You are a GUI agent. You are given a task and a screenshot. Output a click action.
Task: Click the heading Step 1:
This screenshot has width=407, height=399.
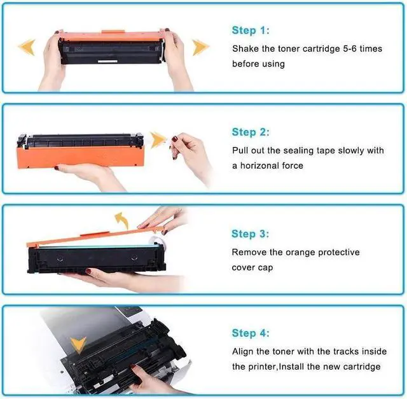pos(251,31)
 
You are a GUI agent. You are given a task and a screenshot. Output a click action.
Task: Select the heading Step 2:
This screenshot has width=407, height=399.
pos(251,132)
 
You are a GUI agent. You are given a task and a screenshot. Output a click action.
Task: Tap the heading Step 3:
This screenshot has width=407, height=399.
pos(251,234)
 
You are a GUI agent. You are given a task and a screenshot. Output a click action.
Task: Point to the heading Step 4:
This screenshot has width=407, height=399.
pos(251,333)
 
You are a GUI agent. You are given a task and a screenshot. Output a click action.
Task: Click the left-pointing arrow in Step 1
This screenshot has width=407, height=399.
pos(26,46)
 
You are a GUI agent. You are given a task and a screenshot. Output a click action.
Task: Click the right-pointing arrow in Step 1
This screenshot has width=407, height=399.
pos(201,46)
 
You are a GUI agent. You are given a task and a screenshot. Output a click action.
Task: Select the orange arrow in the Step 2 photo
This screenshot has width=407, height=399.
pos(157,139)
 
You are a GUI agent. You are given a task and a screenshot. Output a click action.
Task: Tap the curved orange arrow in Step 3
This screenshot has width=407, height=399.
pos(121,221)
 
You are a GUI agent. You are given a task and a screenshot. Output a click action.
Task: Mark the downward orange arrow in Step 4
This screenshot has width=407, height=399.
pos(79,345)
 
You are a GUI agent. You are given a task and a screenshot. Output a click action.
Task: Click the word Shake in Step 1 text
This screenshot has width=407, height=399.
pos(245,48)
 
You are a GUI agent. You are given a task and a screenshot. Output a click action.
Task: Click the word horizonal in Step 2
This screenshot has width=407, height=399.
pos(263,165)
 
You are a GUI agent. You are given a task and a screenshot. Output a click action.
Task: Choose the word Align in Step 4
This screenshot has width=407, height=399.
pos(244,351)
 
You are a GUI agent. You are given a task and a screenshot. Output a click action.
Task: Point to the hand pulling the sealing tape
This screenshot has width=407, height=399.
pos(191,153)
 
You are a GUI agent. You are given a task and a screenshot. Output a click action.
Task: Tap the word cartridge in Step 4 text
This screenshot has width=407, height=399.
pos(360,367)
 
